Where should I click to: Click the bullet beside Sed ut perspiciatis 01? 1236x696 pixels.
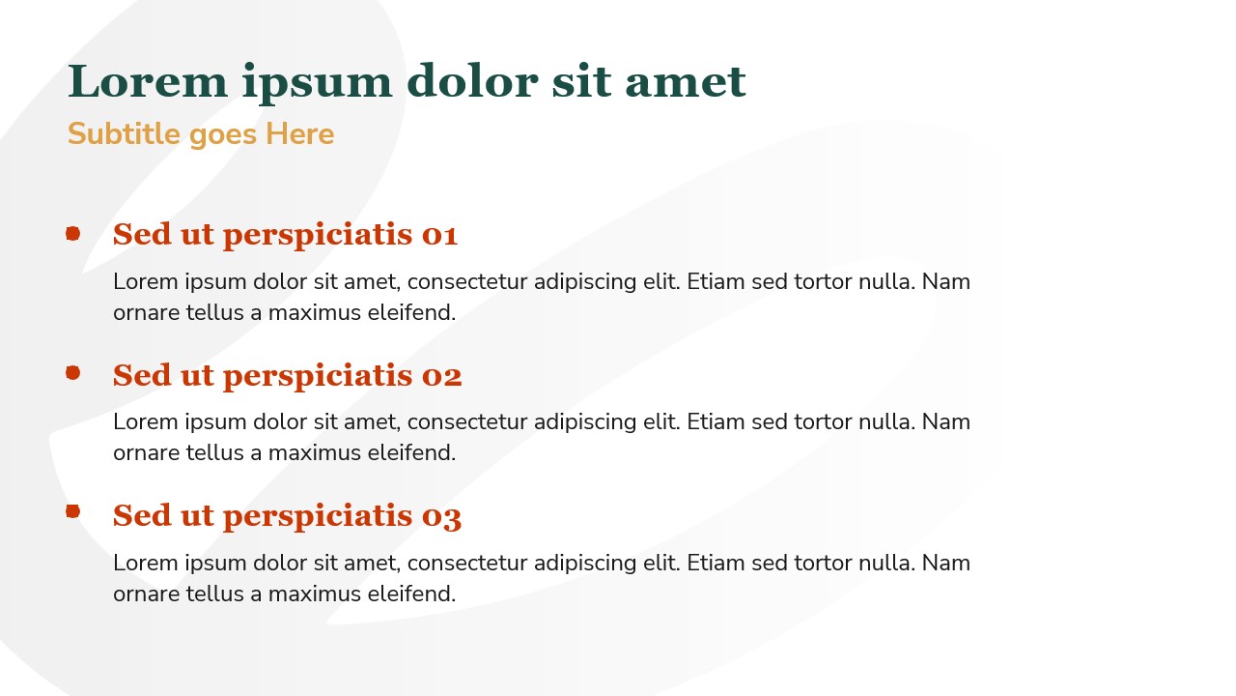pyautogui.click(x=72, y=233)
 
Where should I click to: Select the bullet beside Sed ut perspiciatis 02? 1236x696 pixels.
pyautogui.click(x=72, y=373)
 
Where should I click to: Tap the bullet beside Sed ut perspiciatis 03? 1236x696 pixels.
pyautogui.click(x=72, y=511)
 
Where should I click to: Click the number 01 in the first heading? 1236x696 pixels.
pyautogui.click(x=439, y=235)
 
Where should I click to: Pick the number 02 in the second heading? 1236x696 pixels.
pyautogui.click(x=441, y=375)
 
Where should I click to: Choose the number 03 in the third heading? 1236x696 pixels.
pyautogui.click(x=441, y=516)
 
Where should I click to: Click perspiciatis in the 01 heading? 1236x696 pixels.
pyautogui.click(x=318, y=235)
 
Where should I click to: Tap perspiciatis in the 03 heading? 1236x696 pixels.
pyautogui.click(x=318, y=516)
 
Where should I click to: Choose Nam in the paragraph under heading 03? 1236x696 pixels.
pyautogui.click(x=946, y=564)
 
